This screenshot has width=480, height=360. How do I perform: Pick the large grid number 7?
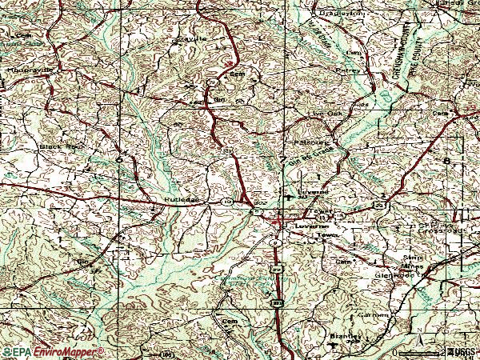coord(282,161)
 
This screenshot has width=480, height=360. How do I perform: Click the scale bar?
coord(422,352)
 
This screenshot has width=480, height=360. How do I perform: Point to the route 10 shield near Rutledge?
coord(228,203)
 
